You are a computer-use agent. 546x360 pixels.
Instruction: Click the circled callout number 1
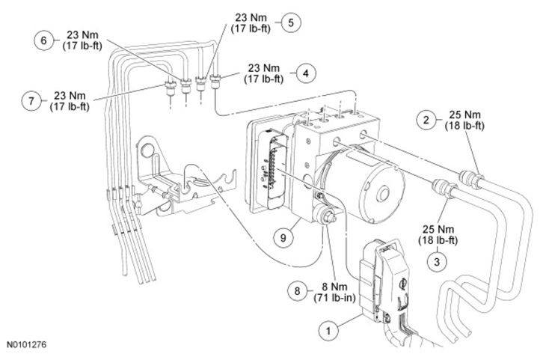328,329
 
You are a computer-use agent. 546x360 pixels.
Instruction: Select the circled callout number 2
426,120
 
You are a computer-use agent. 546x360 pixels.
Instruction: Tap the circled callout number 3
438,261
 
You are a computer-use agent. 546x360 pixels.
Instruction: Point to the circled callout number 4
306,73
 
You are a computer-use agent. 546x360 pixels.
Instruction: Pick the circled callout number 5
291,22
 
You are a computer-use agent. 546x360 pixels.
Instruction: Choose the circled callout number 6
44,40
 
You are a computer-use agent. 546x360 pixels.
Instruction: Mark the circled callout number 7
31,101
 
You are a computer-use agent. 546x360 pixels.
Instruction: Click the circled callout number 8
298,290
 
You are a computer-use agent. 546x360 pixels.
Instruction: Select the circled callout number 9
283,238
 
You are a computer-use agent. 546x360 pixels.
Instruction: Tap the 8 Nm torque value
334,287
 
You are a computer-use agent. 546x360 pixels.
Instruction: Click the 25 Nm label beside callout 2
464,115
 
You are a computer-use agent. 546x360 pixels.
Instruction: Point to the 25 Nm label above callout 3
438,229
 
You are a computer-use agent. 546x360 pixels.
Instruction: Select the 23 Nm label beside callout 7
70,96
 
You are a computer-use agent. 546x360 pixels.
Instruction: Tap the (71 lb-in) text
334,298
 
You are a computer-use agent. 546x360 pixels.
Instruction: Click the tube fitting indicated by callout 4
215,82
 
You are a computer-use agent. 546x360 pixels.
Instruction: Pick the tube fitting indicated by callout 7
170,88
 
